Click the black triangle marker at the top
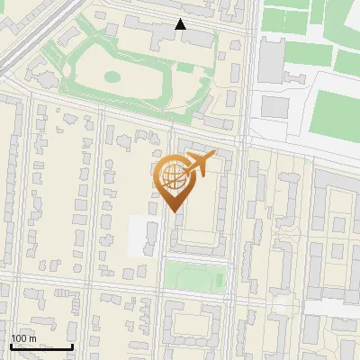point(181,24)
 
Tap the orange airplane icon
point(199,165)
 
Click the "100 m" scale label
point(22,338)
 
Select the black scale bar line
point(41,346)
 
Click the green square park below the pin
point(193,276)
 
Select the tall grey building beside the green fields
point(271,60)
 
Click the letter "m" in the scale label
point(32,338)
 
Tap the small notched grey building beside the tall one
point(274,106)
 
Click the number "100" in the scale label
point(18,338)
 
